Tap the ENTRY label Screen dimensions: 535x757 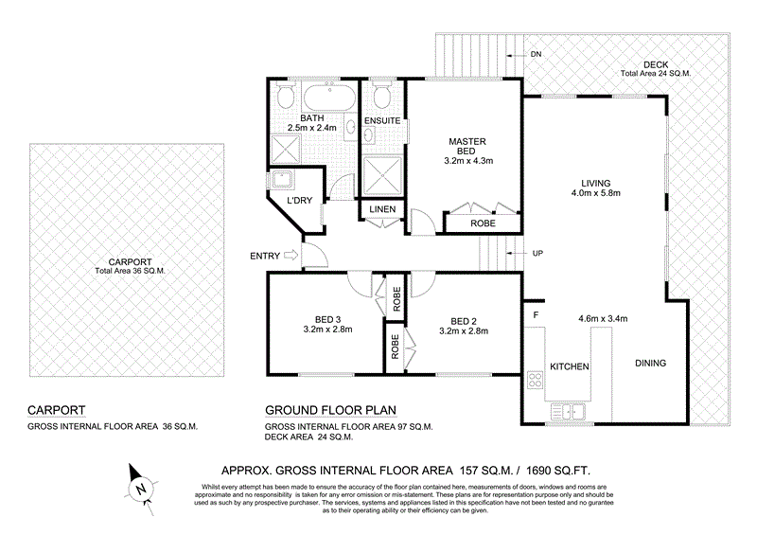264,256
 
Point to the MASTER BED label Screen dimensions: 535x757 467,148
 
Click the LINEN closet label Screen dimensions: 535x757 382,209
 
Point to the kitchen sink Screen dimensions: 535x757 569,411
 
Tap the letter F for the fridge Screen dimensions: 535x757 535,313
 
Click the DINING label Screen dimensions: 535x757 650,364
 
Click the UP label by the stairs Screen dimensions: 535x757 538,254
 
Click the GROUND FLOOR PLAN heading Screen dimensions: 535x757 329,410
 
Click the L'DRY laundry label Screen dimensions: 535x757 287,201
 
